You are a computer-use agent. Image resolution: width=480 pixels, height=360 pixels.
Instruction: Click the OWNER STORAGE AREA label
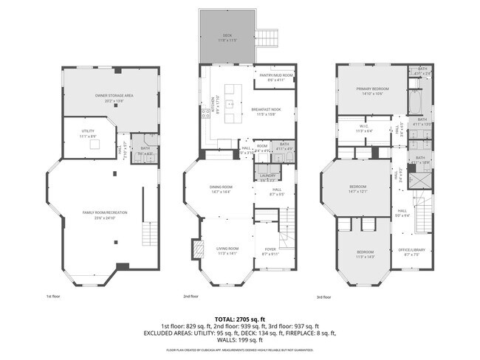[x=113, y=97]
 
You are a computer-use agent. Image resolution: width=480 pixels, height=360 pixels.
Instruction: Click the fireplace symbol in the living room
[x=196, y=249]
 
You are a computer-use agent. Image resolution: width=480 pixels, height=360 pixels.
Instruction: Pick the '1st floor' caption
[x=54, y=297]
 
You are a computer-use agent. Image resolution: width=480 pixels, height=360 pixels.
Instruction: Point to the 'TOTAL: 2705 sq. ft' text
[x=240, y=318]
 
